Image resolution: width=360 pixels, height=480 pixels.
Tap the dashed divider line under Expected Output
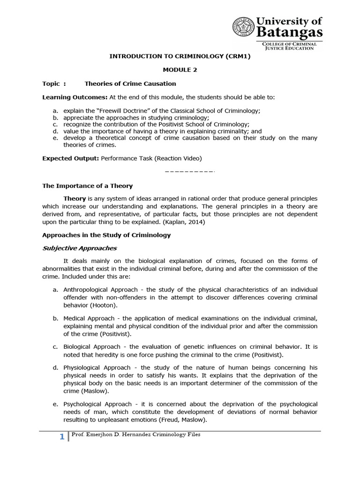(189, 171)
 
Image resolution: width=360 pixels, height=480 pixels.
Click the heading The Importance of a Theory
(88, 186)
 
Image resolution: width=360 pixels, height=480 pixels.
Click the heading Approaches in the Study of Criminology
(106, 235)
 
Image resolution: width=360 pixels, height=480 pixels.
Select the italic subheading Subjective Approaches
(80, 248)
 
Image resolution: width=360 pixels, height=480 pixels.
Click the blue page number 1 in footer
(62, 437)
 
